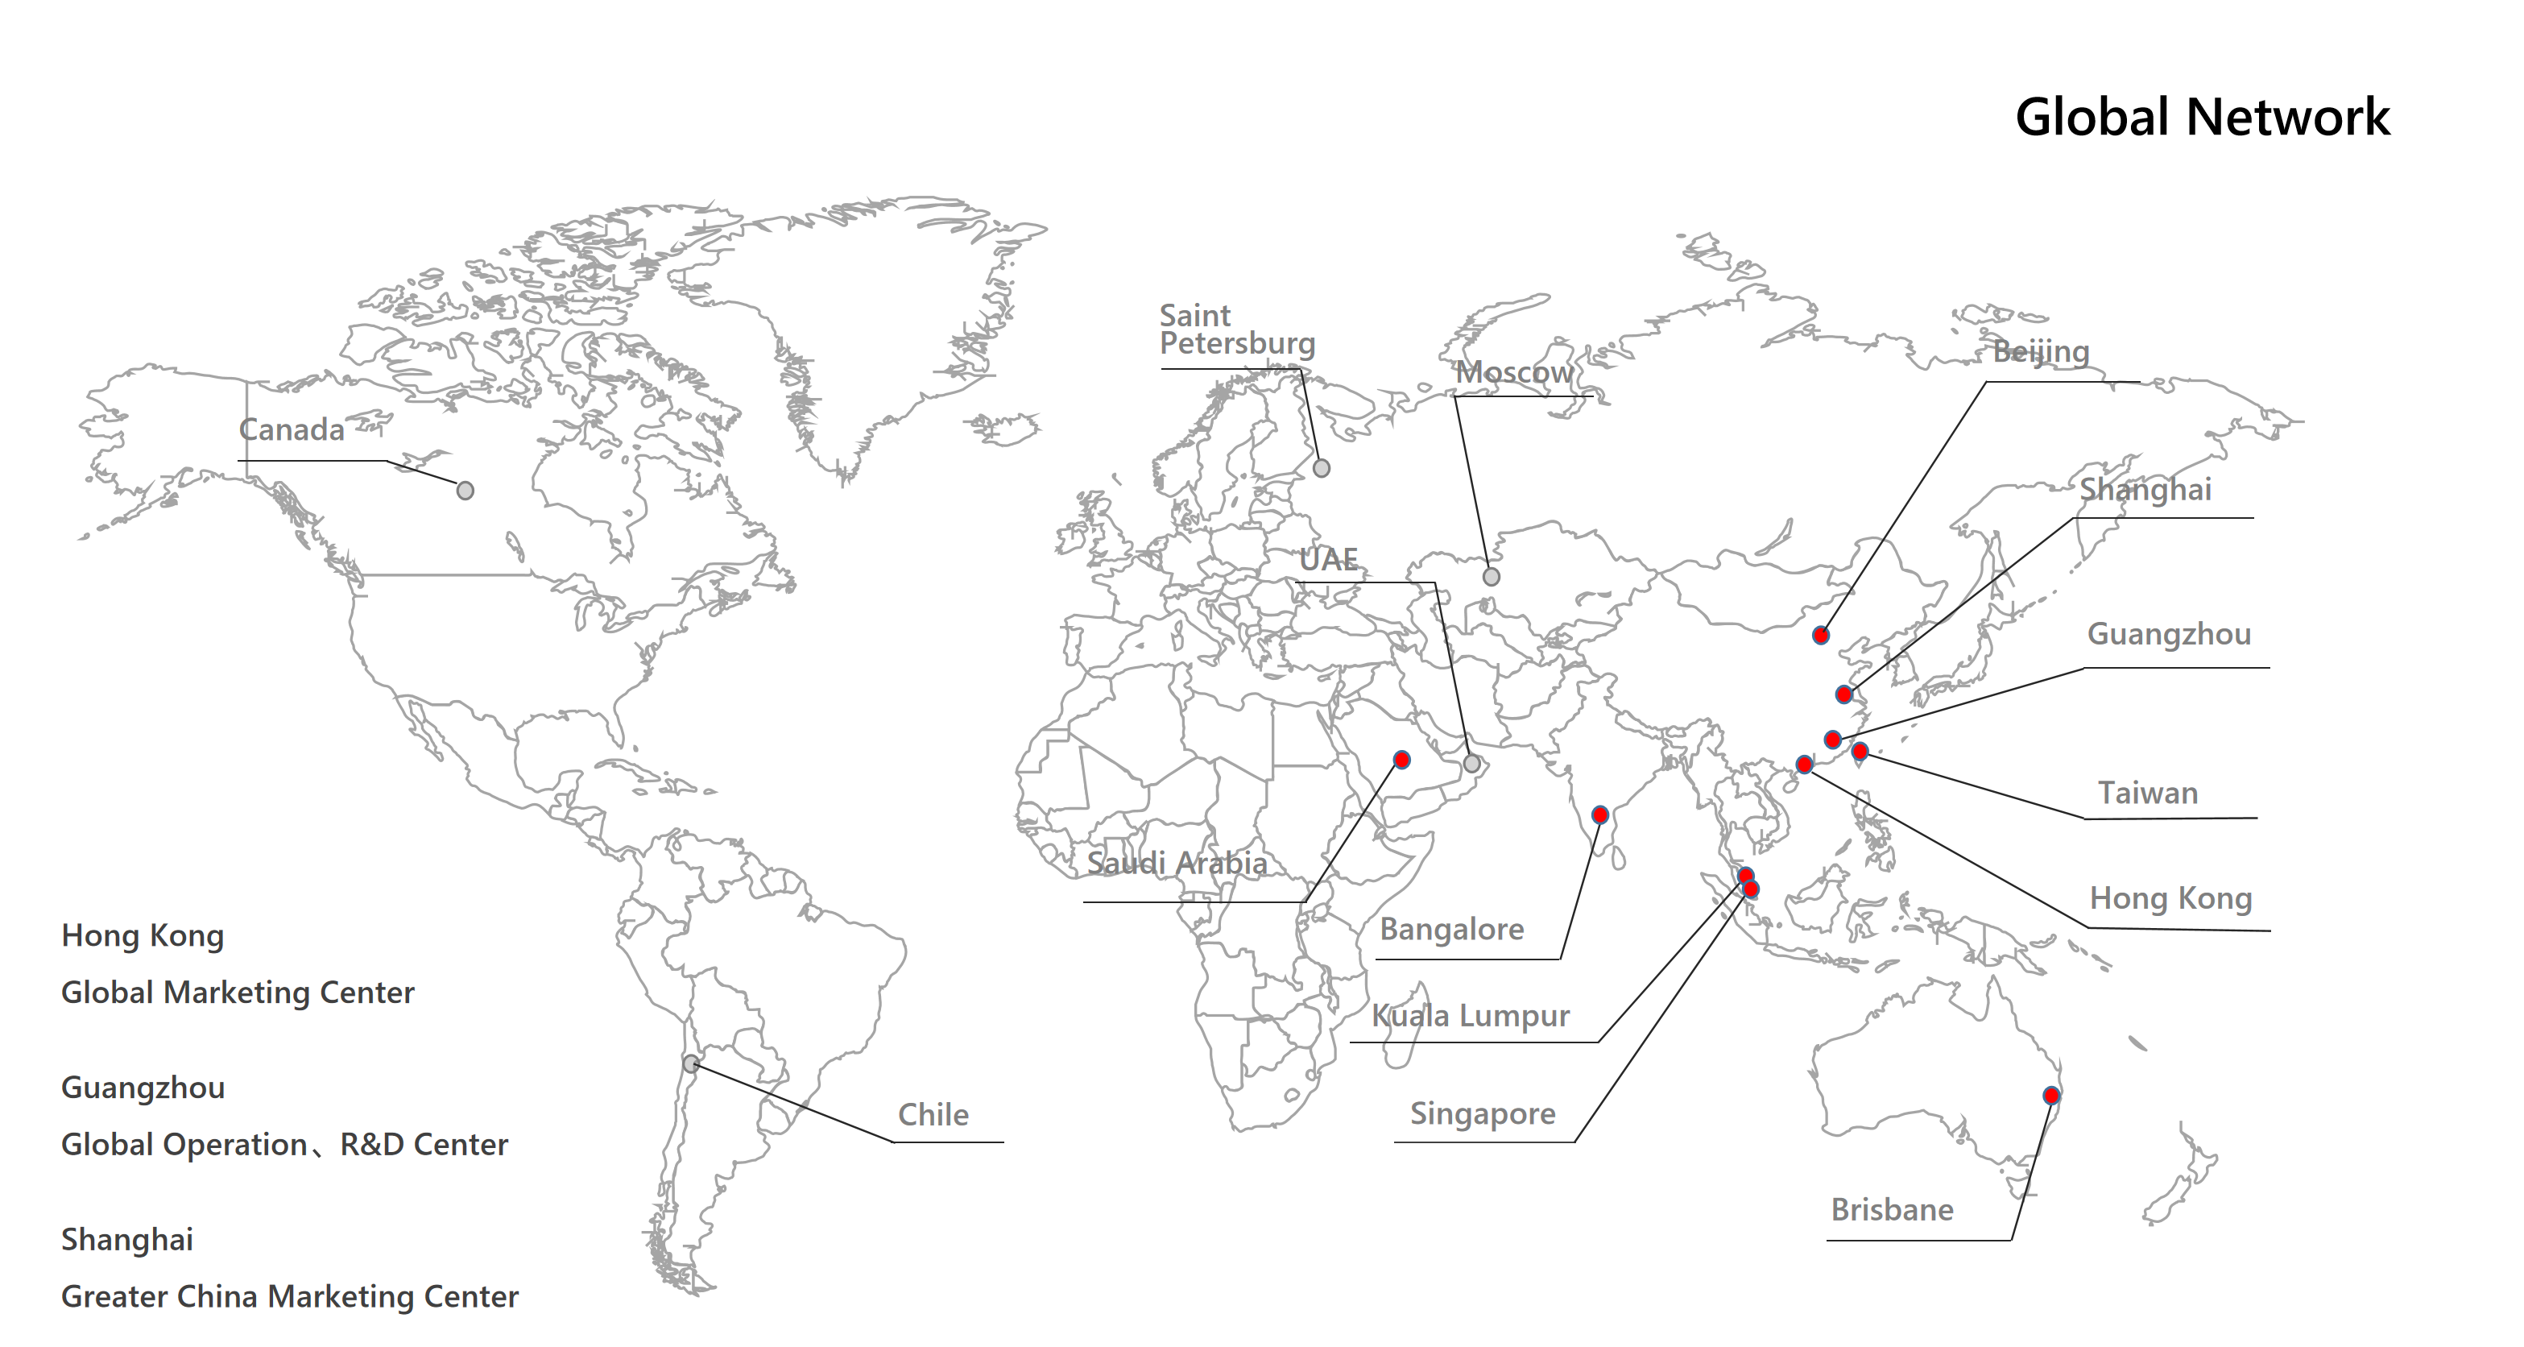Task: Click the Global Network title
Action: click(2202, 118)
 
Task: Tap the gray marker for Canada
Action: click(465, 490)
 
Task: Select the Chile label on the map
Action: click(933, 1115)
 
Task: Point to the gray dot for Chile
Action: click(691, 1063)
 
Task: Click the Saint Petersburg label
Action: click(1236, 329)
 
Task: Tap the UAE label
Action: click(1329, 560)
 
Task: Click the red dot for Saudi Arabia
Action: click(1402, 760)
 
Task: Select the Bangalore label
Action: click(1451, 930)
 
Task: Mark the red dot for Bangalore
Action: click(1600, 814)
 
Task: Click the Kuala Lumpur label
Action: click(1470, 1016)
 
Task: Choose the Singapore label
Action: click(1483, 1113)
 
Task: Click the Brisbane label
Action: click(1892, 1210)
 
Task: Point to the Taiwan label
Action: click(2148, 793)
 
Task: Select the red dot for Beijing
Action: click(1820, 636)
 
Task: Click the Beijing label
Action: click(2041, 351)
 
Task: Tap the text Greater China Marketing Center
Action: click(290, 1296)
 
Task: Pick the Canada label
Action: click(291, 429)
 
